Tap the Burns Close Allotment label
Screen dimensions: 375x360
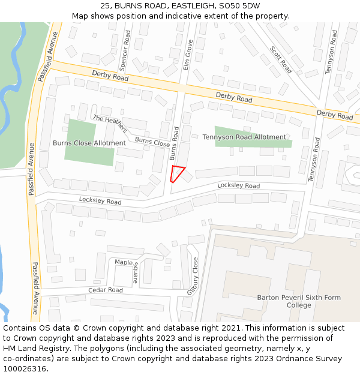click(89, 143)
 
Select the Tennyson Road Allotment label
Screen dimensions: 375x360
click(244, 137)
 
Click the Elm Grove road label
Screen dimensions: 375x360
click(187, 56)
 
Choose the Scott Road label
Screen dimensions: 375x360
click(280, 60)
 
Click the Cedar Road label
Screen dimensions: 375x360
click(105, 290)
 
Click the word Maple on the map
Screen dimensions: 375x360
click(124, 263)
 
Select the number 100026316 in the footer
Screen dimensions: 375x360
click(25, 368)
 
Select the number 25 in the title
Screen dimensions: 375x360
click(106, 5)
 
